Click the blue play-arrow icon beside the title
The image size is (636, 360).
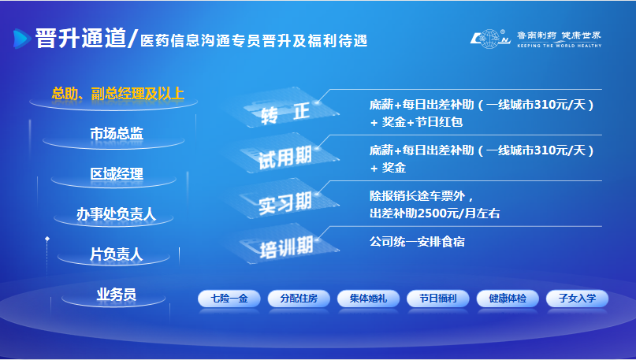point(22,39)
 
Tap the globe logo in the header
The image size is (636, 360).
point(490,39)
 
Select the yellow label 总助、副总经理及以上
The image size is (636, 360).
point(118,94)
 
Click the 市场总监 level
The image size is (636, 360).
point(117,133)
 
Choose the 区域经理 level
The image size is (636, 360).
point(117,174)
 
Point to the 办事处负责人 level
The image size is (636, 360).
point(117,213)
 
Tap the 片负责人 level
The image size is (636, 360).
point(116,254)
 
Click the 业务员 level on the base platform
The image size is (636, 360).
point(116,295)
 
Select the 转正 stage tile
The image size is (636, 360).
point(285,109)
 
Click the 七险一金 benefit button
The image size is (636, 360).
point(229,299)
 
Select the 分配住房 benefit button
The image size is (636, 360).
point(299,299)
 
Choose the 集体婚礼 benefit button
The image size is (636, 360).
point(368,299)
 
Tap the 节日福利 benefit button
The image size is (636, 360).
point(438,299)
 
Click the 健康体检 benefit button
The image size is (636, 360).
point(508,299)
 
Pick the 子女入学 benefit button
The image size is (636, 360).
point(577,299)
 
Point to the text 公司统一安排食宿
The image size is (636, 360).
point(417,242)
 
